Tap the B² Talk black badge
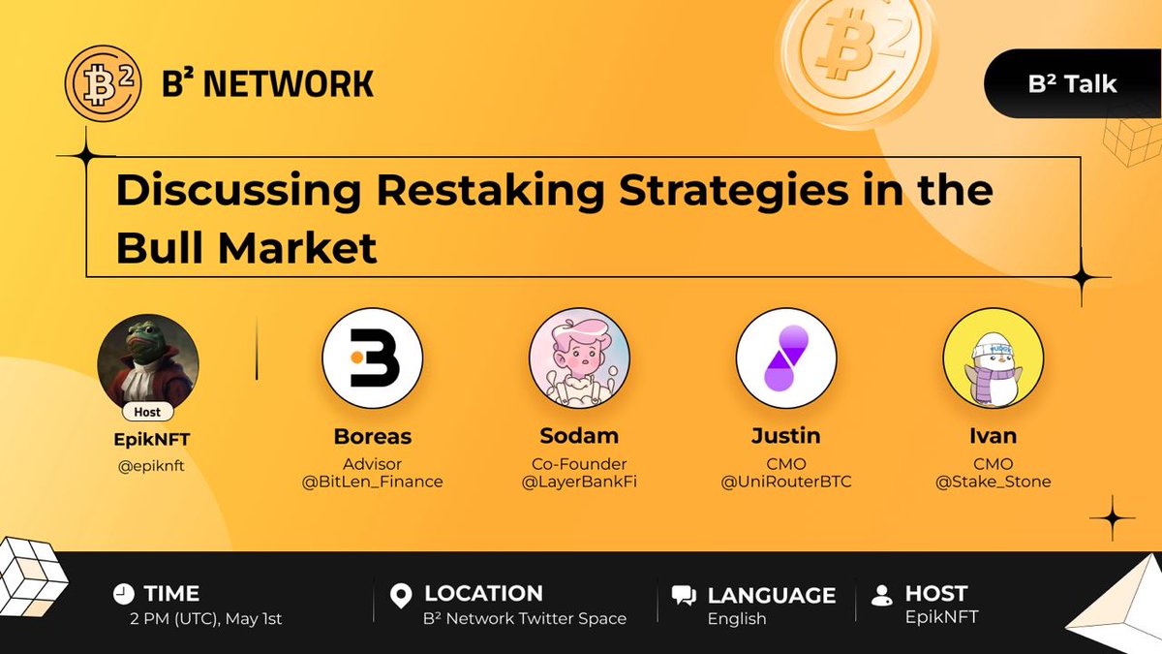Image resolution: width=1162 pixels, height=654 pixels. pyautogui.click(x=1073, y=83)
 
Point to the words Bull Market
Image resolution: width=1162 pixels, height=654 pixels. pyautogui.click(x=246, y=248)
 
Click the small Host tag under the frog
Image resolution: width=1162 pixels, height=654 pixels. pyautogui.click(x=148, y=412)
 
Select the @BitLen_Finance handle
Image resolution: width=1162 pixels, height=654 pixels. pyautogui.click(x=373, y=482)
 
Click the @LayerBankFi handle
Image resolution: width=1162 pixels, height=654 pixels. pyautogui.click(x=579, y=482)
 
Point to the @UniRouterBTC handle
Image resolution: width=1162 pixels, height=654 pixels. pyautogui.click(x=786, y=482)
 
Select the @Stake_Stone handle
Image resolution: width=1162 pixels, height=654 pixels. pyautogui.click(x=993, y=482)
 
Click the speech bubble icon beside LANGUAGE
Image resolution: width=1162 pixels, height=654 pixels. pyautogui.click(x=684, y=596)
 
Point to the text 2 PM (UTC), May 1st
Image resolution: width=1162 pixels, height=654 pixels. pyautogui.click(x=206, y=619)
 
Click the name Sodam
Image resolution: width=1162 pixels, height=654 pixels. pyautogui.click(x=579, y=436)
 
